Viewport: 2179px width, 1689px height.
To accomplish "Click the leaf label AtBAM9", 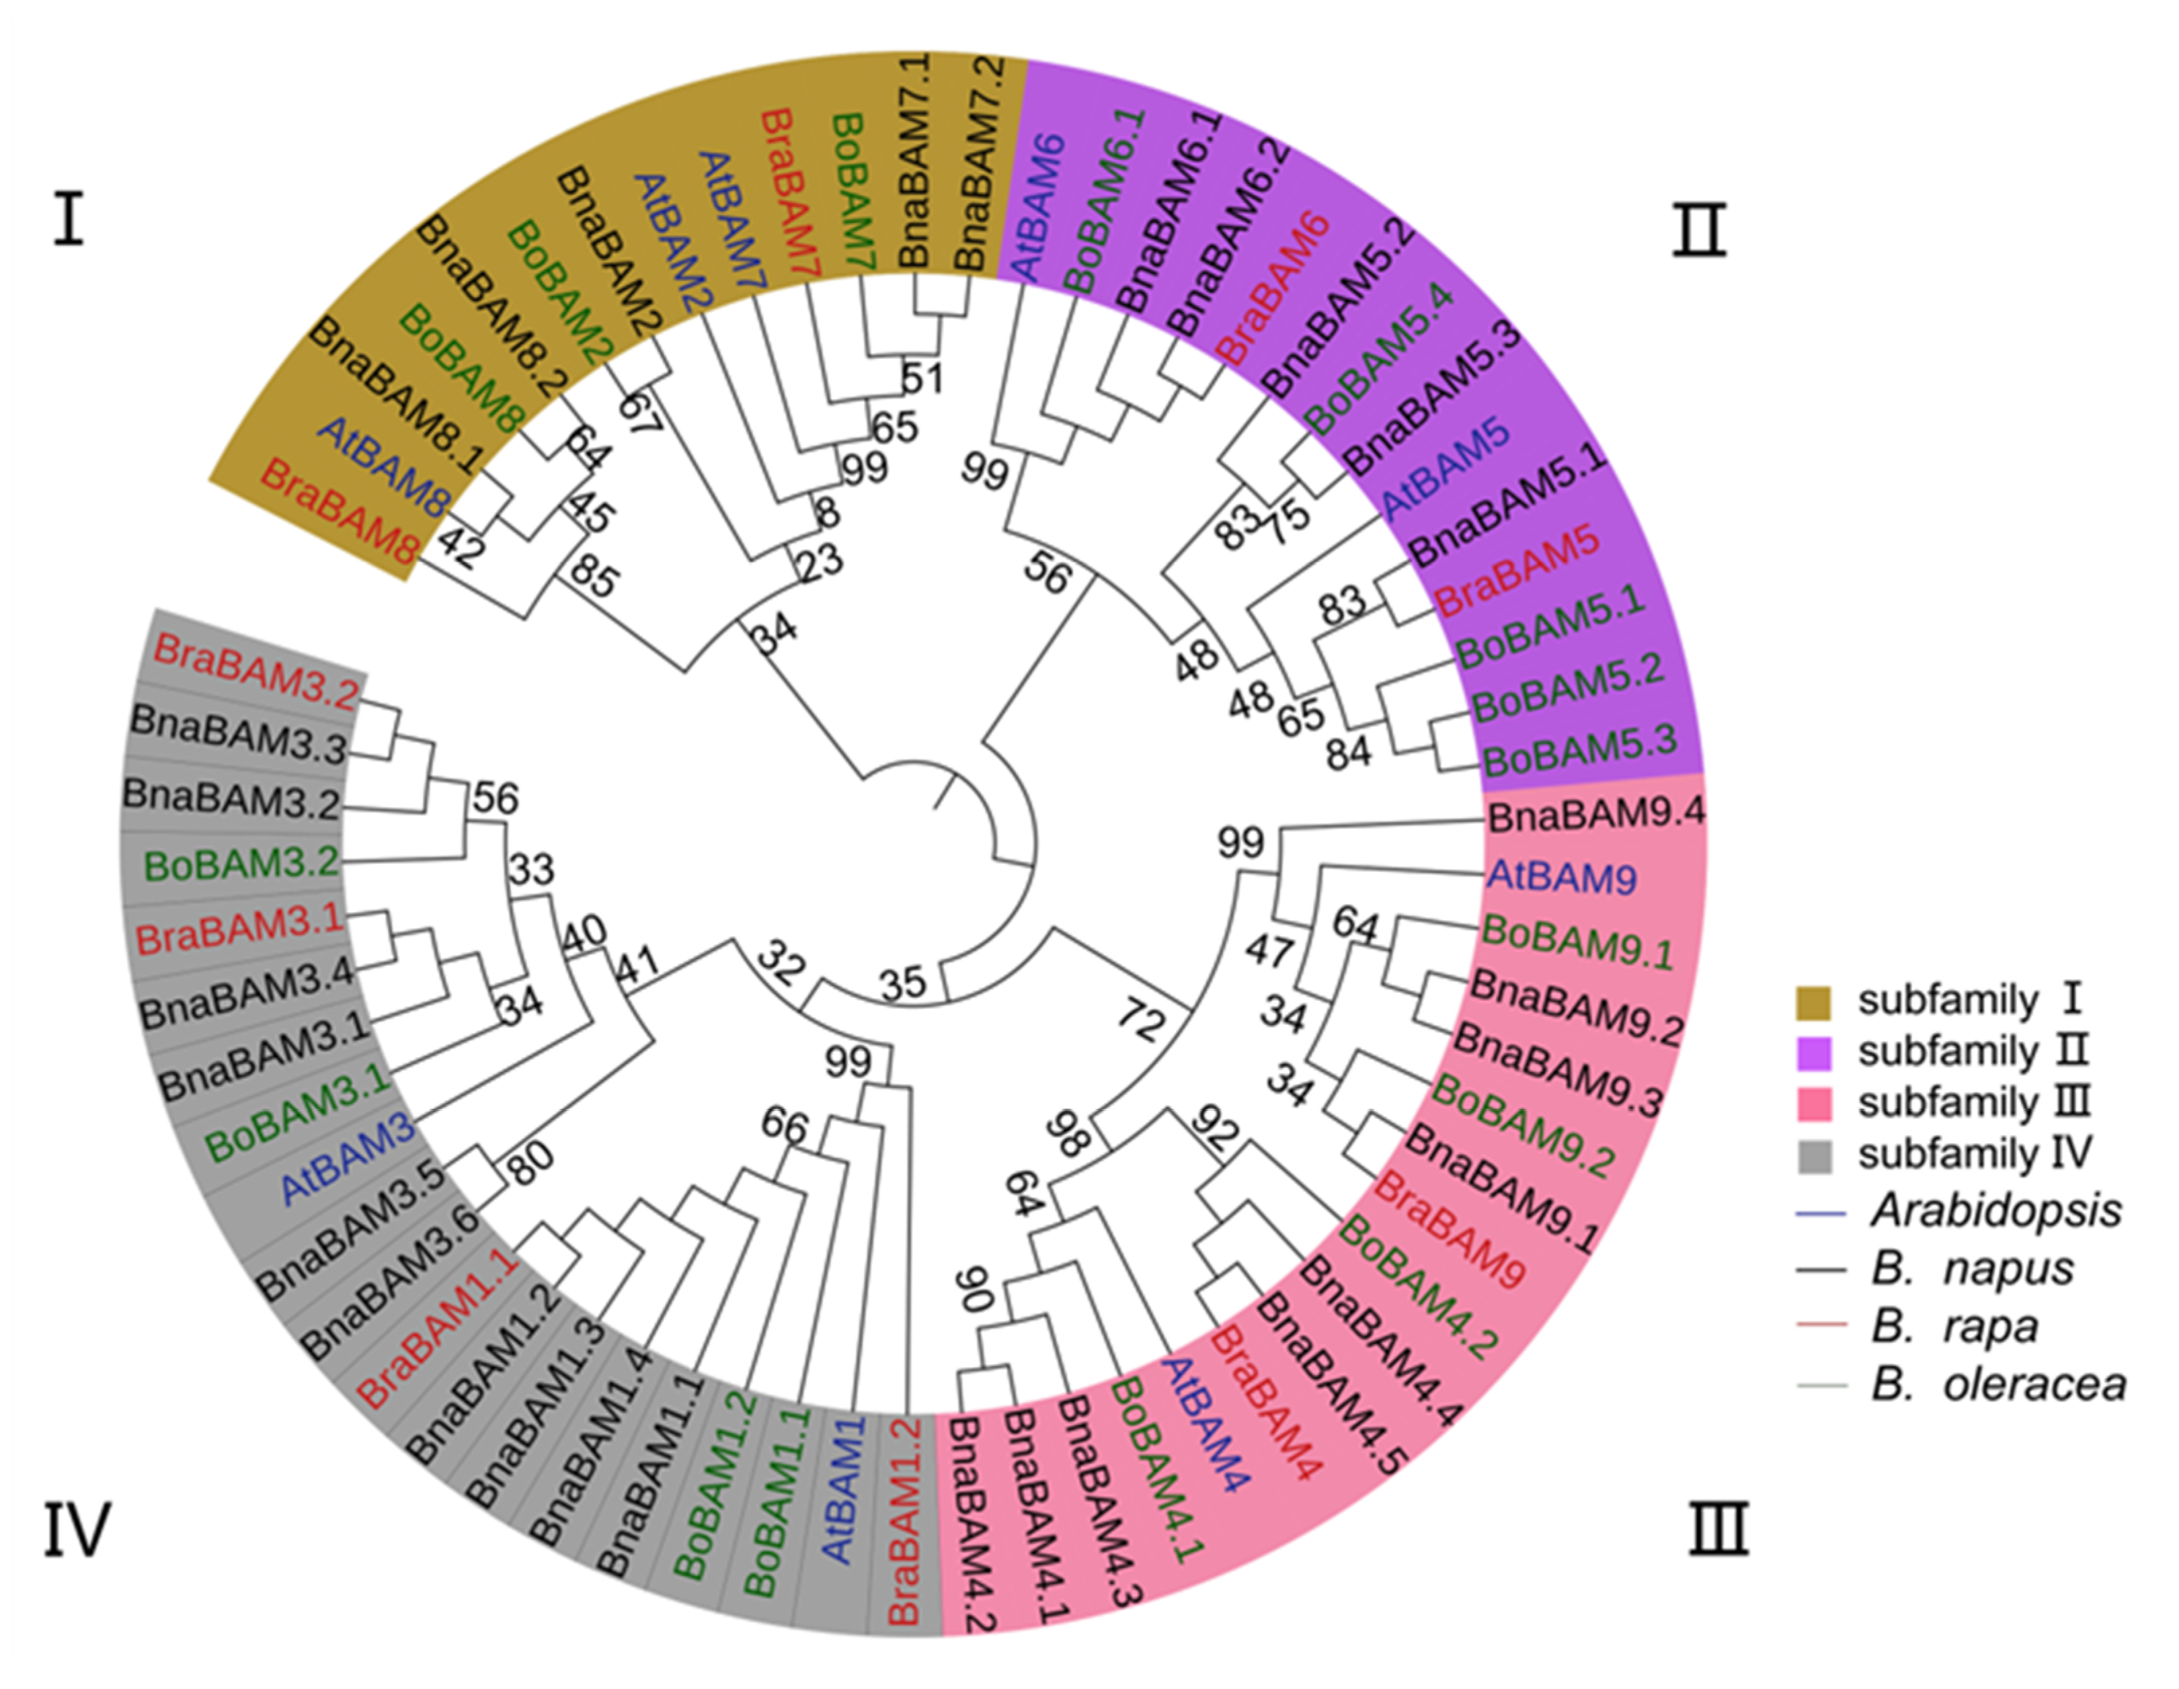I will [1561, 877].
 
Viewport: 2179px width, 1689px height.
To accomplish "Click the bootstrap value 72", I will [1140, 1020].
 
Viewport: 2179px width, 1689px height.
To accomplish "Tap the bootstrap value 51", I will [922, 378].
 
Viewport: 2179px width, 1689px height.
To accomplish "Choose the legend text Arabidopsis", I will [1996, 1211].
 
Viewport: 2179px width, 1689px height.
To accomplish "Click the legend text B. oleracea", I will [1998, 1384].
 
